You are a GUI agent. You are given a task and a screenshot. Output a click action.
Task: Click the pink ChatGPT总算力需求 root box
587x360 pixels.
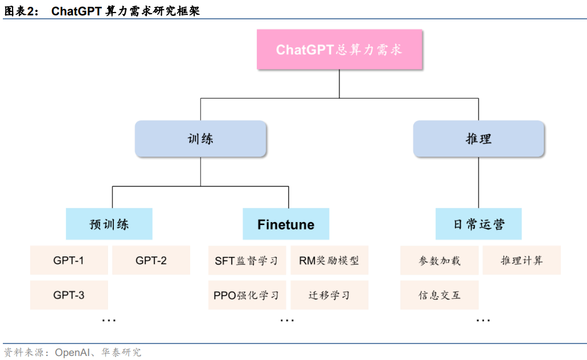(x=339, y=50)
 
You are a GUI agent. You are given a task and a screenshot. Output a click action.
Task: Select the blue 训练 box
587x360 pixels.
(x=200, y=138)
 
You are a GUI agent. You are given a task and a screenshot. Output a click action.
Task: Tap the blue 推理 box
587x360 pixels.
(x=478, y=138)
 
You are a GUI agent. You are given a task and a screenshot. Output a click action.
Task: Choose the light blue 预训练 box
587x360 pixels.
(x=109, y=224)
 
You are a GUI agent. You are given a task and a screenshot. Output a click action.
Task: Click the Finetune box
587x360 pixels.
(x=286, y=224)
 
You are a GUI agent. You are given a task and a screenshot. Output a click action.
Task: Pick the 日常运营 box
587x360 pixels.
(x=478, y=224)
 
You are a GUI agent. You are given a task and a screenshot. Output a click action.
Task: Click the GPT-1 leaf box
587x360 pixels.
(x=69, y=260)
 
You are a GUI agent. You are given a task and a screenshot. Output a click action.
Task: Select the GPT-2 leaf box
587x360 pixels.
(x=151, y=260)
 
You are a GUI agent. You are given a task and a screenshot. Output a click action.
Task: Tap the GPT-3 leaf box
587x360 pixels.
(x=69, y=294)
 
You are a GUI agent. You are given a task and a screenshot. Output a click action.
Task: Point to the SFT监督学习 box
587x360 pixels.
(x=247, y=260)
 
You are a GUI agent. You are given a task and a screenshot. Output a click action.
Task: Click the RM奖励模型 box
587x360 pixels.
(x=329, y=260)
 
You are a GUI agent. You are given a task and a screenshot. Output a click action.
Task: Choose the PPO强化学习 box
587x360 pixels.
(x=247, y=295)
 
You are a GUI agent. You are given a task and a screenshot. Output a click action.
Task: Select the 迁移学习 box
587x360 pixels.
(x=329, y=295)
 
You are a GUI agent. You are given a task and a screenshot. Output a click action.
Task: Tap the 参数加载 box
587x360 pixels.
(x=439, y=260)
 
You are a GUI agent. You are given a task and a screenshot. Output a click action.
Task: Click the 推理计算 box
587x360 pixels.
(x=522, y=260)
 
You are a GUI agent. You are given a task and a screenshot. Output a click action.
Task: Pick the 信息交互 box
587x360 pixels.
(x=439, y=295)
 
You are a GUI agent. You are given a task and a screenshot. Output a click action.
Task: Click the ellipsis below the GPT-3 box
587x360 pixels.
(x=109, y=321)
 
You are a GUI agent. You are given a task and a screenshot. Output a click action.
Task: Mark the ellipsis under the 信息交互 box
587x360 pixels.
(x=483, y=321)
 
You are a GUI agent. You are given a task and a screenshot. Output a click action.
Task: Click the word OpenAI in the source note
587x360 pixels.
(x=73, y=353)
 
